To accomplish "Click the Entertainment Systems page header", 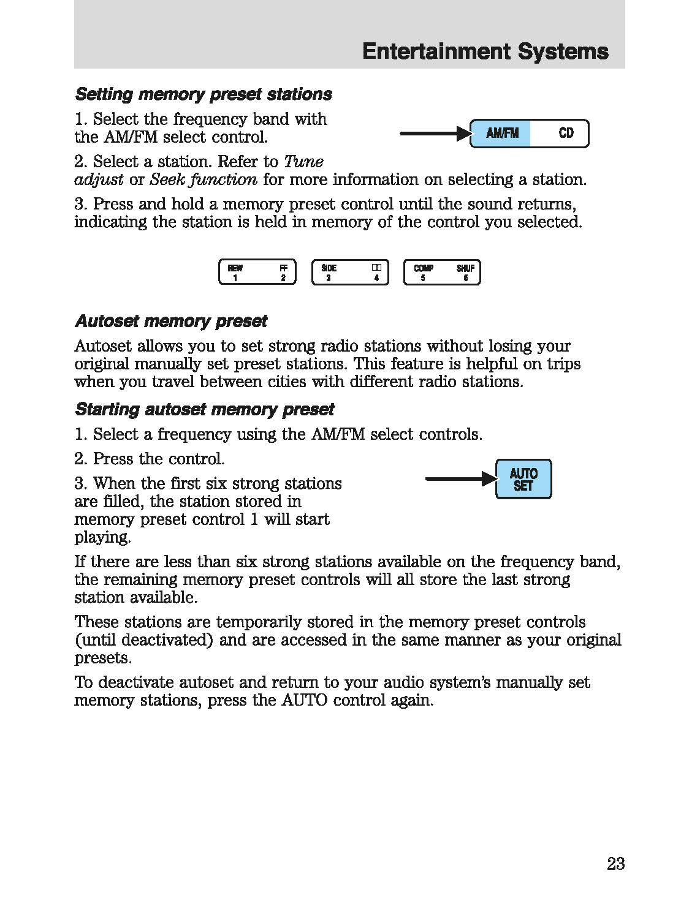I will (x=485, y=51).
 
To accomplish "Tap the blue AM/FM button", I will (x=501, y=134).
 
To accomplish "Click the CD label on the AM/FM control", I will (x=566, y=133).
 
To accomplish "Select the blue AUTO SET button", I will (x=523, y=479).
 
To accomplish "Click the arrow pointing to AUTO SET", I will (x=460, y=479).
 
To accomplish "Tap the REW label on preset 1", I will (x=235, y=268).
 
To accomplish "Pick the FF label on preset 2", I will (x=283, y=268).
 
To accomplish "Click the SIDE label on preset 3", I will (x=329, y=268).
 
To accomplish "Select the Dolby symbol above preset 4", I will (x=376, y=268).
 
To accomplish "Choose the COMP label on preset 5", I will (x=423, y=268).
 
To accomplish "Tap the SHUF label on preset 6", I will (x=465, y=268).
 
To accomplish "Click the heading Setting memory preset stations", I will (x=203, y=94).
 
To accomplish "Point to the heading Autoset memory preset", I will (x=170, y=321).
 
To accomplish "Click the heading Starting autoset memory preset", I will (x=204, y=409).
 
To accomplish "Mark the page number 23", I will (x=615, y=864).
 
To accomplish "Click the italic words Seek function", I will (x=204, y=179).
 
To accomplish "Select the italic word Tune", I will (x=303, y=162).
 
